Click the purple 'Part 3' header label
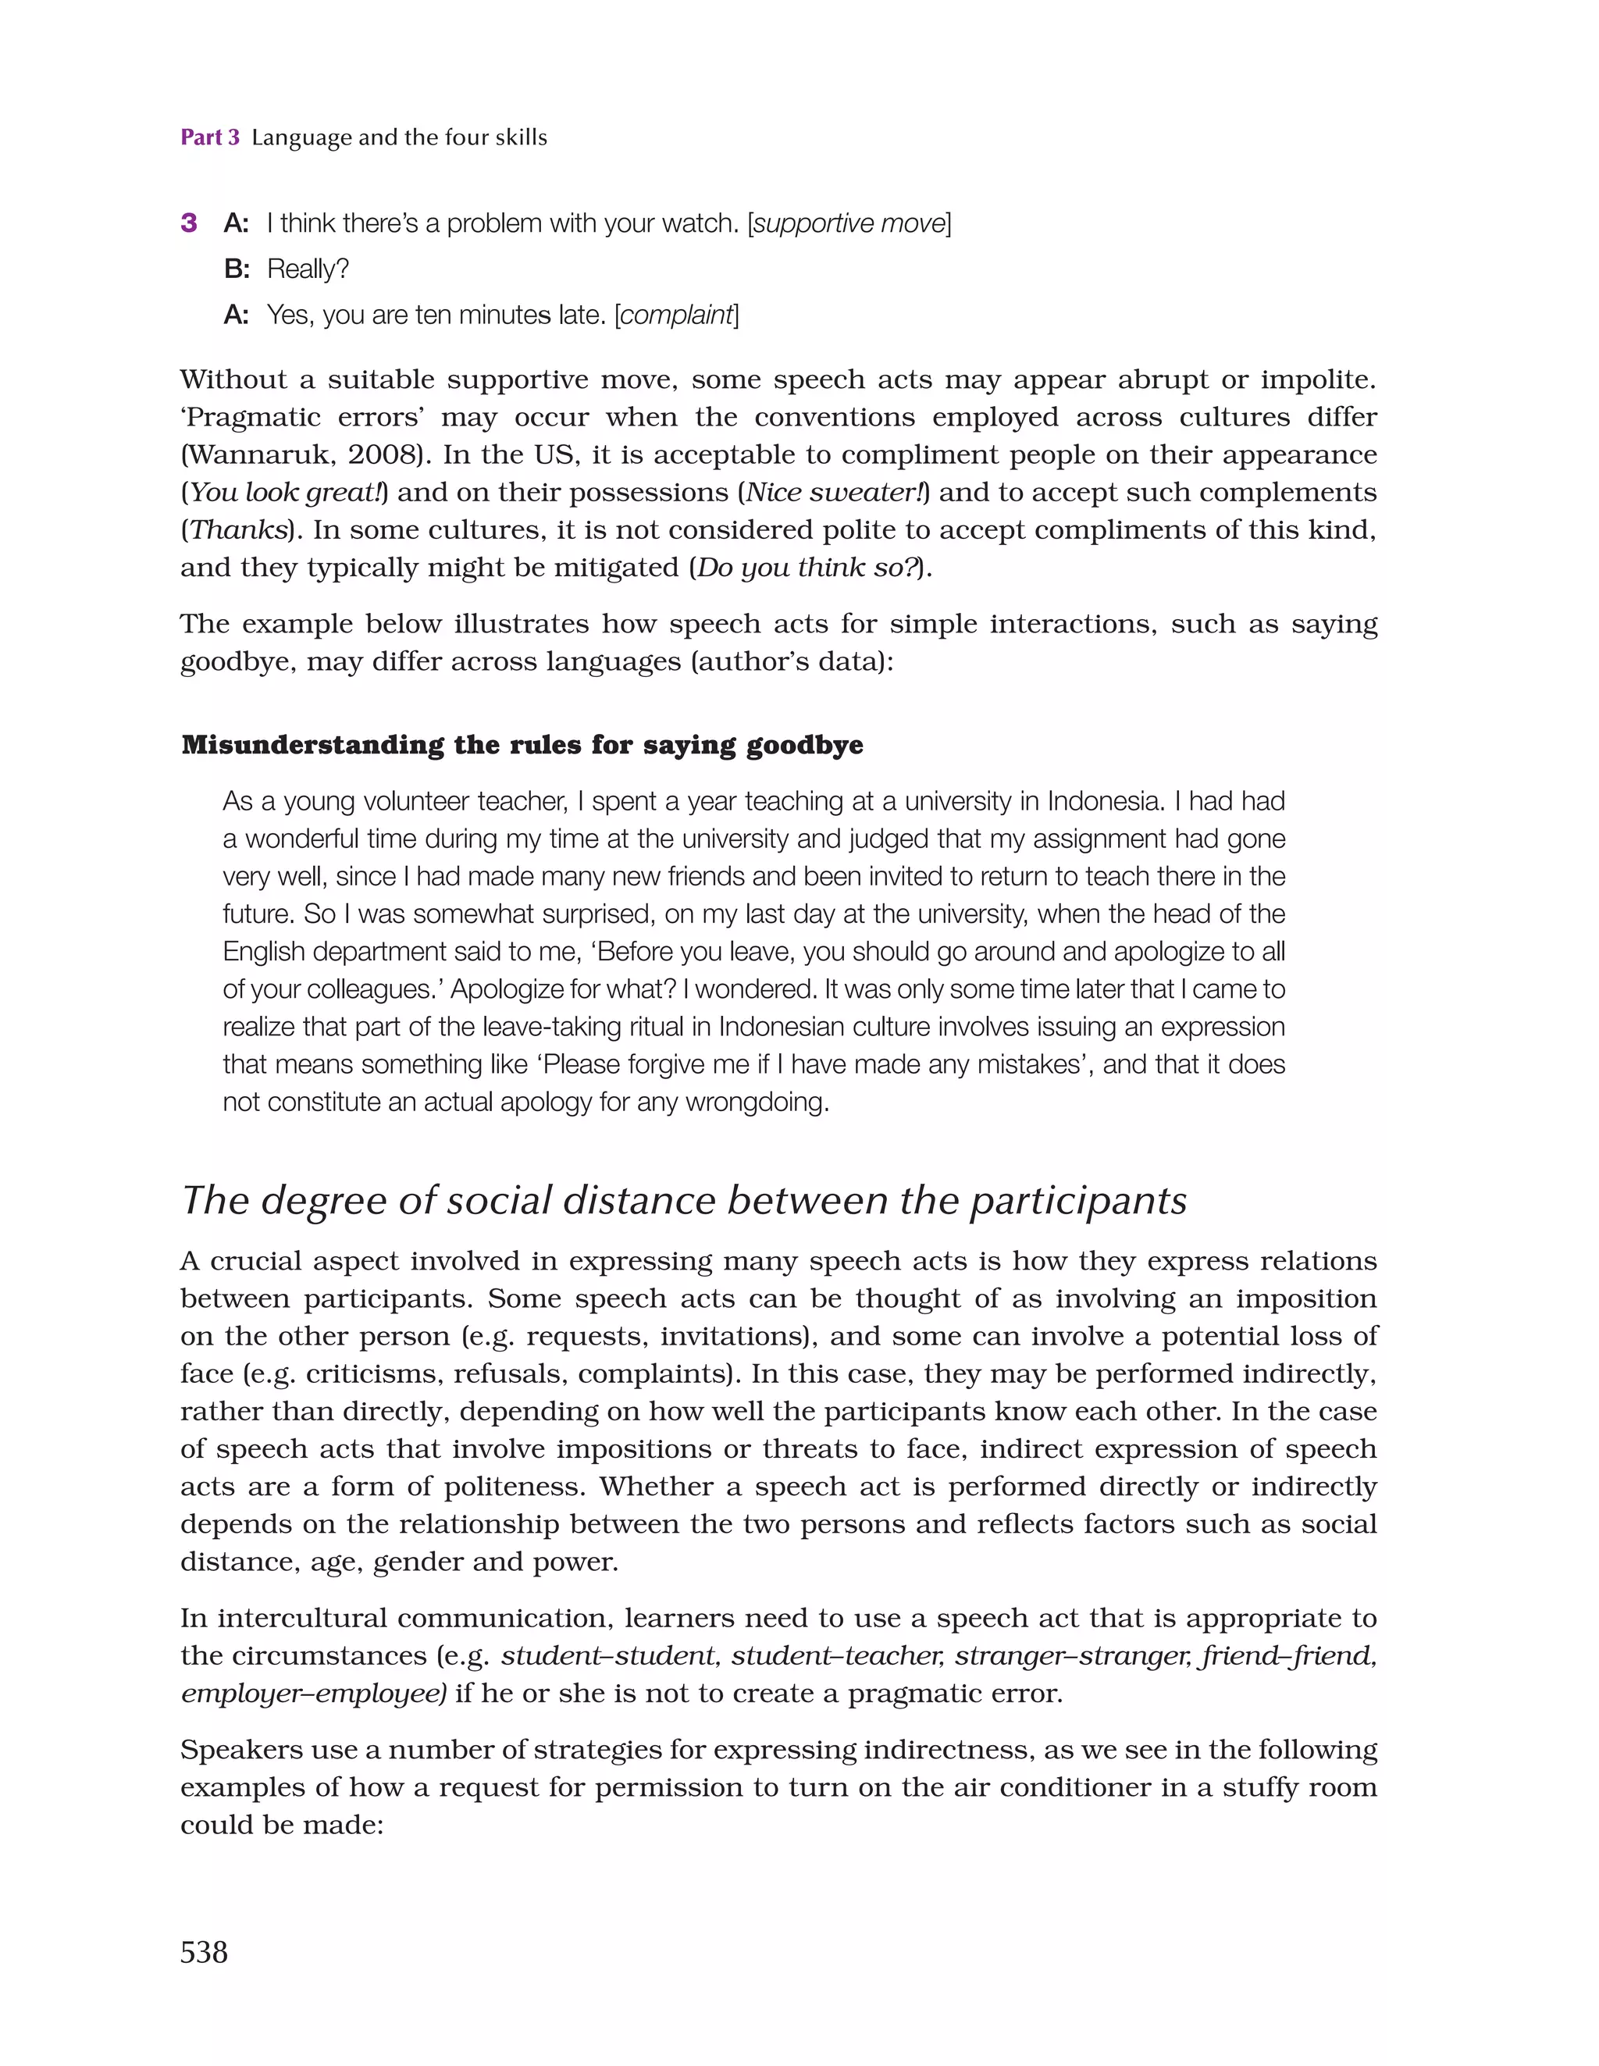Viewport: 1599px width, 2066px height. (210, 138)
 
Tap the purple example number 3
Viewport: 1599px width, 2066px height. (189, 223)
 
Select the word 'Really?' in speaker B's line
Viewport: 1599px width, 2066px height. (308, 269)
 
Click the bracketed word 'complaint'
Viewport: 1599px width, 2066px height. (676, 315)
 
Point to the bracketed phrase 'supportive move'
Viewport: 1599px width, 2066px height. (849, 224)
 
